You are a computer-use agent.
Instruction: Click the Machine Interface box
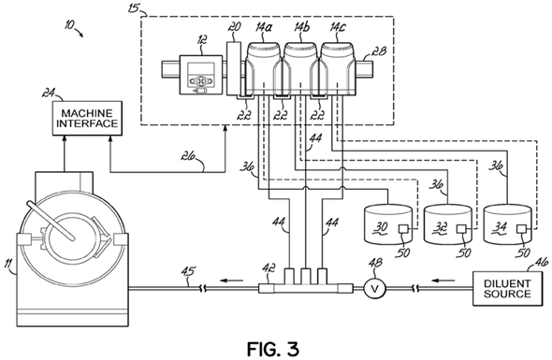click(87, 118)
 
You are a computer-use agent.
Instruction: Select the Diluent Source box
click(507, 289)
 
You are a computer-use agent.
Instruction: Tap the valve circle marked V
click(375, 289)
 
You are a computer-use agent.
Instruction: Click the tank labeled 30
click(387, 225)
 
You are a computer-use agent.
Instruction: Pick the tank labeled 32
click(448, 225)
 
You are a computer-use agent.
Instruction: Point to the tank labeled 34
click(508, 225)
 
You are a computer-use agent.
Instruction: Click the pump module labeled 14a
click(263, 68)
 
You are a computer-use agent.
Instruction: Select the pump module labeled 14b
click(300, 68)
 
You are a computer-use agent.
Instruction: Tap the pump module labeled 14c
click(338, 68)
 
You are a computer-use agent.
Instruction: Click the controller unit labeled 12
click(201, 75)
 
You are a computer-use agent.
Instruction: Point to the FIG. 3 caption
click(273, 349)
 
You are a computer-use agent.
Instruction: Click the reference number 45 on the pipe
click(188, 272)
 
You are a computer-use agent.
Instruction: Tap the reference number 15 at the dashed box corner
click(134, 8)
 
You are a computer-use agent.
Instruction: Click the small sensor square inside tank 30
click(402, 229)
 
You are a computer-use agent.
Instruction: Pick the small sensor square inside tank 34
click(521, 229)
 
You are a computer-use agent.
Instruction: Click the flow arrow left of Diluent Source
click(443, 281)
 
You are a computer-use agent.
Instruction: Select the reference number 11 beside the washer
click(9, 264)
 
